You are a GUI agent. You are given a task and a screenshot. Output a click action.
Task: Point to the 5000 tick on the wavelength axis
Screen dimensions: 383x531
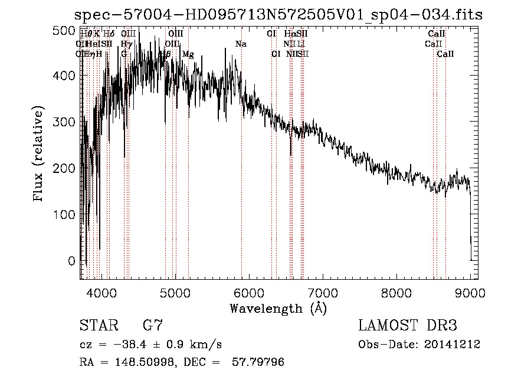175,292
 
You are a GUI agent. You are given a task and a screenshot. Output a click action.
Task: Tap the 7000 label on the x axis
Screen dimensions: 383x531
322,292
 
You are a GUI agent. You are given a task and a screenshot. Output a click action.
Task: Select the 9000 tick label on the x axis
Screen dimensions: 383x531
470,292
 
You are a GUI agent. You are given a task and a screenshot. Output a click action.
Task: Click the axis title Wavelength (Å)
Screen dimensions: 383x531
278,308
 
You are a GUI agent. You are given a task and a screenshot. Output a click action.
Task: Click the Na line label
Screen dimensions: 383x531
241,44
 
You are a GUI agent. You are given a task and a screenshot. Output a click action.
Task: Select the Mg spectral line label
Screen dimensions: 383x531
188,54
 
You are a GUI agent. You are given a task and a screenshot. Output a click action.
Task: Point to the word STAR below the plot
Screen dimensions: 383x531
97,326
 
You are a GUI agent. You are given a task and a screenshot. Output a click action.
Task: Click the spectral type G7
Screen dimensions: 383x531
153,326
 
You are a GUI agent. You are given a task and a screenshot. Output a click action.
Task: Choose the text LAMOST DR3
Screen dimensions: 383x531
408,326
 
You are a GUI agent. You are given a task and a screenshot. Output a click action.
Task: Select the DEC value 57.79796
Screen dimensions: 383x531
260,362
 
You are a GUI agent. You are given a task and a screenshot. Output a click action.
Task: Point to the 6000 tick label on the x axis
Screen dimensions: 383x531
248,292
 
